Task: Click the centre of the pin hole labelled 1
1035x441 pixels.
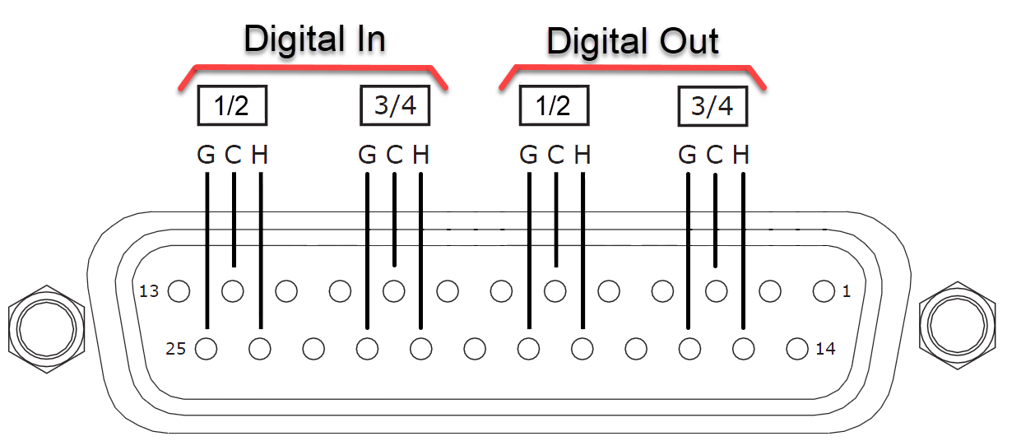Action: pyautogui.click(x=824, y=291)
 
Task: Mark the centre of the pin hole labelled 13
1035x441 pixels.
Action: pyautogui.click(x=179, y=291)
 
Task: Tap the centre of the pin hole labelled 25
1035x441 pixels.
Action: pyautogui.click(x=206, y=349)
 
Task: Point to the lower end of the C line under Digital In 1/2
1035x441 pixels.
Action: pyautogui.click(x=234, y=267)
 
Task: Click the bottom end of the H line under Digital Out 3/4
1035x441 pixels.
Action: pyautogui.click(x=743, y=329)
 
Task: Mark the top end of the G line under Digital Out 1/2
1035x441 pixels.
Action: pyautogui.click(x=529, y=173)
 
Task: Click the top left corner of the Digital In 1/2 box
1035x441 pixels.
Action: pyautogui.click(x=198, y=86)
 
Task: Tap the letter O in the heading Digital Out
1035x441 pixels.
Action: pyautogui.click(x=674, y=40)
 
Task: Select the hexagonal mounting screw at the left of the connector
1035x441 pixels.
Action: pyautogui.click(x=46, y=329)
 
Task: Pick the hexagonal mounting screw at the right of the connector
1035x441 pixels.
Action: pyautogui.click(x=958, y=326)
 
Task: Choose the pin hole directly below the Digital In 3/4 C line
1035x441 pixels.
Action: pyautogui.click(x=393, y=291)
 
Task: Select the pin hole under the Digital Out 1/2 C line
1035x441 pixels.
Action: pyautogui.click(x=555, y=291)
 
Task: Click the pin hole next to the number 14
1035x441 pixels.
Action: pyautogui.click(x=797, y=349)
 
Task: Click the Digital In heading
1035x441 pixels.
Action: pyautogui.click(x=314, y=39)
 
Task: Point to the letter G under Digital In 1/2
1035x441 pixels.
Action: pyautogui.click(x=206, y=155)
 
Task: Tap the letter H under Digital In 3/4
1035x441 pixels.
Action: pyautogui.click(x=420, y=155)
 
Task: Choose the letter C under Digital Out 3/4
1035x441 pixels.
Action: pyautogui.click(x=714, y=155)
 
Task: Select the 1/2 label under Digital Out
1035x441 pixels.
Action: pyautogui.click(x=554, y=105)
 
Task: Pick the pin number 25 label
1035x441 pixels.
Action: pyautogui.click(x=175, y=349)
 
